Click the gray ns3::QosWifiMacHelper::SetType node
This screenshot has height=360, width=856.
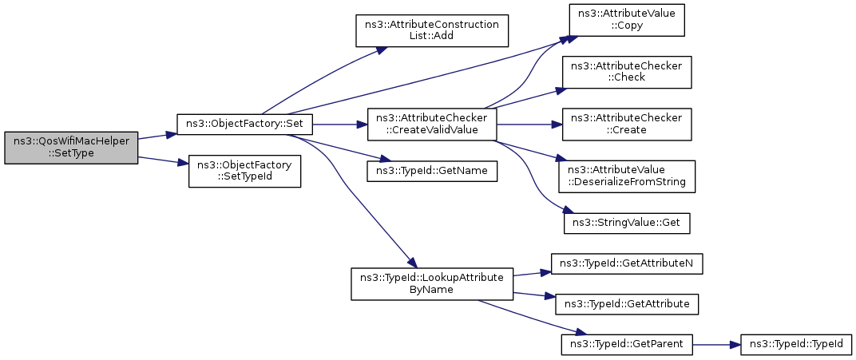point(71,148)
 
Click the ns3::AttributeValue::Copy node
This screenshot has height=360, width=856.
point(627,19)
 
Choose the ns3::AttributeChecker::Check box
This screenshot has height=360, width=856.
point(627,72)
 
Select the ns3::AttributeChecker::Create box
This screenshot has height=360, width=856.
point(627,125)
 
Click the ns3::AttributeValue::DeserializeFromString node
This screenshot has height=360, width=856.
point(627,176)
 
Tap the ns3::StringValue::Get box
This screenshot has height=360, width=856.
point(627,223)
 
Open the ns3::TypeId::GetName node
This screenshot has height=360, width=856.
point(432,171)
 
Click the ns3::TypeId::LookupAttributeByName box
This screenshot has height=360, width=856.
point(432,283)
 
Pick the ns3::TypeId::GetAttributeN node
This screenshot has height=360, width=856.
point(627,263)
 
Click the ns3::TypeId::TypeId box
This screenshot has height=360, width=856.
point(796,344)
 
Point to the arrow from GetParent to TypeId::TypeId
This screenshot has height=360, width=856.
point(716,344)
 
